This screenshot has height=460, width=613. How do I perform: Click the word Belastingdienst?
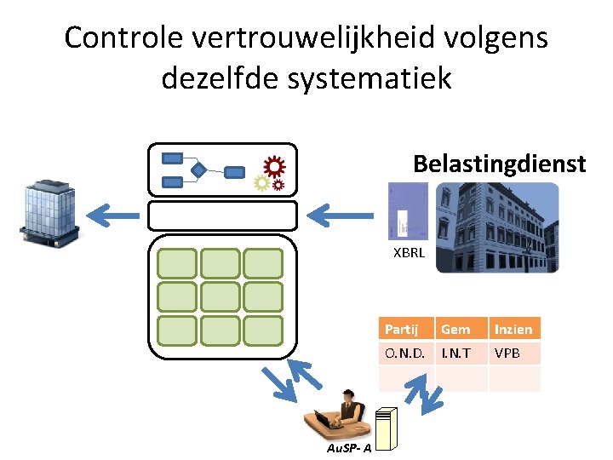(x=499, y=163)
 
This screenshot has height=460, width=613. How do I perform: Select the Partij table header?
(x=403, y=329)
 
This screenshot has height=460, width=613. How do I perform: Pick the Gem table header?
(x=455, y=329)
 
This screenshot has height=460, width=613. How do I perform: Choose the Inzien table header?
(x=513, y=329)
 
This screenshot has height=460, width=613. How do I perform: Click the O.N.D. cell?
(x=404, y=353)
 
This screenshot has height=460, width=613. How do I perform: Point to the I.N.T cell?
(x=455, y=353)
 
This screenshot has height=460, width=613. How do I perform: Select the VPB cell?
(x=507, y=353)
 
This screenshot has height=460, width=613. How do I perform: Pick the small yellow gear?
(x=262, y=182)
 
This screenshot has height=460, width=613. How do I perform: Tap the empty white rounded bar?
(x=222, y=216)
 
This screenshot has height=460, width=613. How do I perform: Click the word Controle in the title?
(x=123, y=38)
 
